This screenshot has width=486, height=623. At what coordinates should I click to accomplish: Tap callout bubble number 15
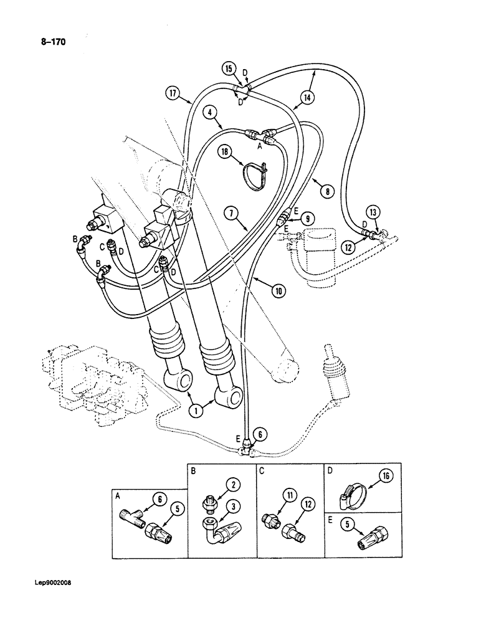coord(229,69)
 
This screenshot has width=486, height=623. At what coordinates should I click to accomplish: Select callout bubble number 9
coord(308,219)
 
